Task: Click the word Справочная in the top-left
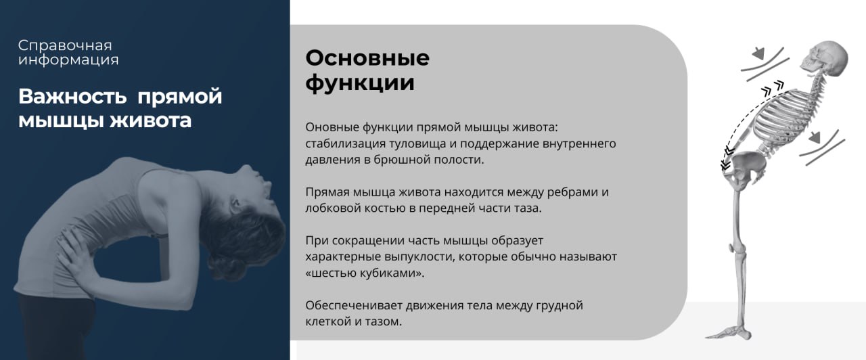[65, 46]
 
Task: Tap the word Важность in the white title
[72, 96]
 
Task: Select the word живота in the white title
[150, 120]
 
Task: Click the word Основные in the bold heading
[367, 58]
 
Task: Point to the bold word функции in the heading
[360, 83]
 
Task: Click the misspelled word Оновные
[332, 127]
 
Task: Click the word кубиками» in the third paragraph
[392, 273]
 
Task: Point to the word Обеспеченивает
[354, 305]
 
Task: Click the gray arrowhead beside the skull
[758, 53]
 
